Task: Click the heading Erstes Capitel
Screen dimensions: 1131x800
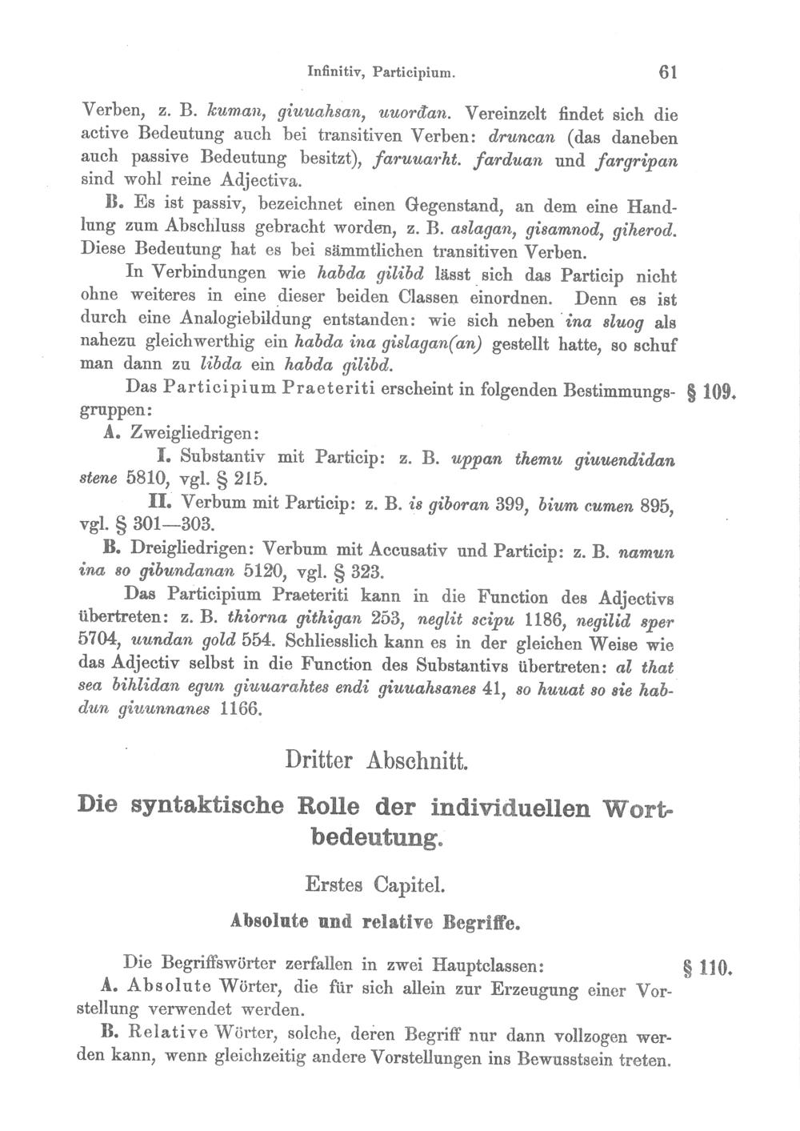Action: pyautogui.click(x=374, y=886)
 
